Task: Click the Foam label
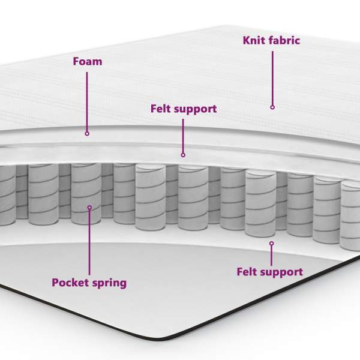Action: [x=87, y=61]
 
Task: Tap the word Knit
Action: [x=254, y=41]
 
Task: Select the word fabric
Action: [x=283, y=41]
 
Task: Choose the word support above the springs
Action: [x=196, y=110]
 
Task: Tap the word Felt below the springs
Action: [x=248, y=272]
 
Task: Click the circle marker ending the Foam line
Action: [x=87, y=134]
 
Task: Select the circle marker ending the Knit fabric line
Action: [x=272, y=107]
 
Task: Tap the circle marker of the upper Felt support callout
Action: [x=183, y=155]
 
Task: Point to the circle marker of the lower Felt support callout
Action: [x=271, y=244]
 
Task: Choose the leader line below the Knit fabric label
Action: [x=272, y=78]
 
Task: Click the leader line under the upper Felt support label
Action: [x=183, y=135]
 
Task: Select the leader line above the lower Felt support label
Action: [x=271, y=255]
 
